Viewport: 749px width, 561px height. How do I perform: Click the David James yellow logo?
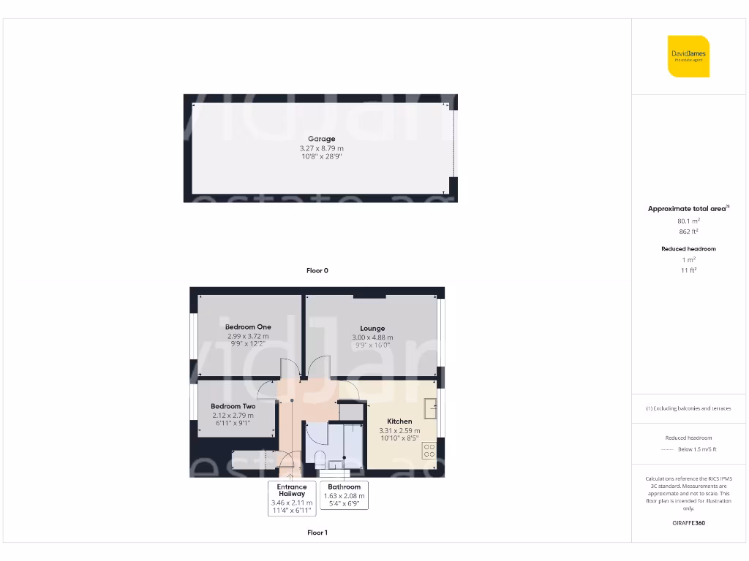click(x=688, y=56)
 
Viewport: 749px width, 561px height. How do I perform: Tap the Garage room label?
click(x=321, y=139)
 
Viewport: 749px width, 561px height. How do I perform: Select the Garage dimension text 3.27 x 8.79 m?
click(x=321, y=148)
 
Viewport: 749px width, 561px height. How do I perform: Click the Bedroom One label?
click(x=248, y=327)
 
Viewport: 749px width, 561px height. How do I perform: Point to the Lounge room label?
click(x=372, y=329)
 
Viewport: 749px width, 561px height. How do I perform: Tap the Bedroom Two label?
click(x=233, y=406)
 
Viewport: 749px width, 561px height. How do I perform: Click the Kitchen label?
click(x=399, y=421)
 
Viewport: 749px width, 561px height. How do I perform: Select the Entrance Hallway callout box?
click(x=292, y=498)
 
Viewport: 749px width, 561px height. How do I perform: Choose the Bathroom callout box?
click(x=344, y=495)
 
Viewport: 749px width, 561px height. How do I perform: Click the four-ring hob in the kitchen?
click(x=429, y=451)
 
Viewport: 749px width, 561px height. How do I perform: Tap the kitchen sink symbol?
click(x=431, y=406)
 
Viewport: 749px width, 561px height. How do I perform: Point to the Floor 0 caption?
click(x=317, y=270)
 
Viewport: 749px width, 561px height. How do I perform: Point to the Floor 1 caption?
click(x=317, y=533)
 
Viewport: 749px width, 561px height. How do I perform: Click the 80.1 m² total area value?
click(x=688, y=220)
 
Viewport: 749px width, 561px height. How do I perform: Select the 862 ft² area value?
click(x=688, y=231)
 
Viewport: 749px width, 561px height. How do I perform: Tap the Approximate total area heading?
click(x=688, y=209)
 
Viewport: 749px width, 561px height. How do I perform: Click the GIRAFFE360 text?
click(x=688, y=523)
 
